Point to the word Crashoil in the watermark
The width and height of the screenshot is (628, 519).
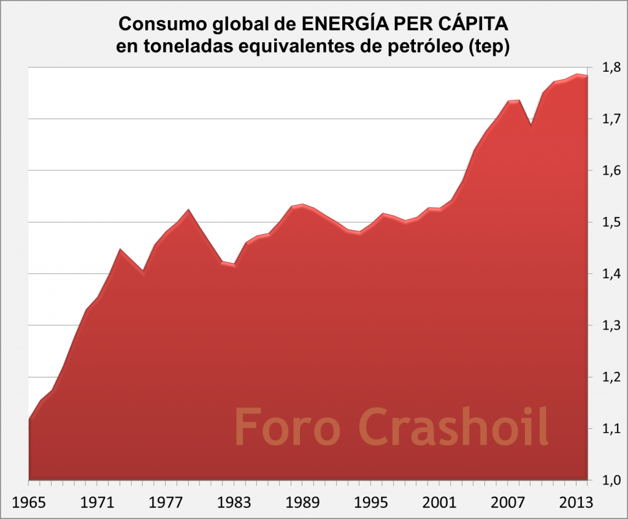(x=454, y=427)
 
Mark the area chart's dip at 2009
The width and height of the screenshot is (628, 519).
(x=531, y=126)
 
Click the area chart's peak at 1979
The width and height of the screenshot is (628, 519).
(x=188, y=210)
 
